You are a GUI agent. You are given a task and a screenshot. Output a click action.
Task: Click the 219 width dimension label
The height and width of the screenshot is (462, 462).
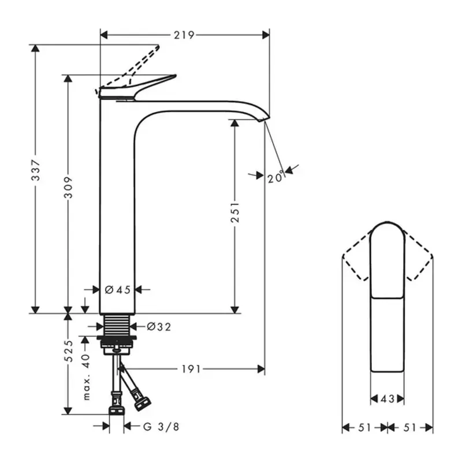pos(184,35)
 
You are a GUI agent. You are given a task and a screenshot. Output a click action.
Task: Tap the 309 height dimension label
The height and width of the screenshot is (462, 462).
pos(69,186)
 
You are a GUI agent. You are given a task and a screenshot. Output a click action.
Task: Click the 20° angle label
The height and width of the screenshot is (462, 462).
pos(276,178)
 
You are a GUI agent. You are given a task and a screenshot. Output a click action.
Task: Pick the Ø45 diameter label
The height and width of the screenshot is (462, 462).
pos(118,290)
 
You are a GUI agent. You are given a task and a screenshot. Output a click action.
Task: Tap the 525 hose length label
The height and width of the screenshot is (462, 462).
pos(69,351)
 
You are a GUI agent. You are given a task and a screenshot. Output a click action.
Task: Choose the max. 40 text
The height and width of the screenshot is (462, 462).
pos(86,377)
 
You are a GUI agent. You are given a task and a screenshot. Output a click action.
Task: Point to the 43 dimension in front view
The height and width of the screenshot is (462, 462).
pos(387,398)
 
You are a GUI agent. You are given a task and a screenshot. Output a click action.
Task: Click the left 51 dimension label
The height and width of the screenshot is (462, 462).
pos(364,427)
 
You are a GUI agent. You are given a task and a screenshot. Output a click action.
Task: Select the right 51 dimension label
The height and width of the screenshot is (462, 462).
pos(410,427)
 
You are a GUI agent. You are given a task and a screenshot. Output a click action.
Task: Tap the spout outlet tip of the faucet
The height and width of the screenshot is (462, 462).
pos(264,120)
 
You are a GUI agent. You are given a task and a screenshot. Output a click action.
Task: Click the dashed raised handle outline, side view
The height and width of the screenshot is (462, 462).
pos(139,65)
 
